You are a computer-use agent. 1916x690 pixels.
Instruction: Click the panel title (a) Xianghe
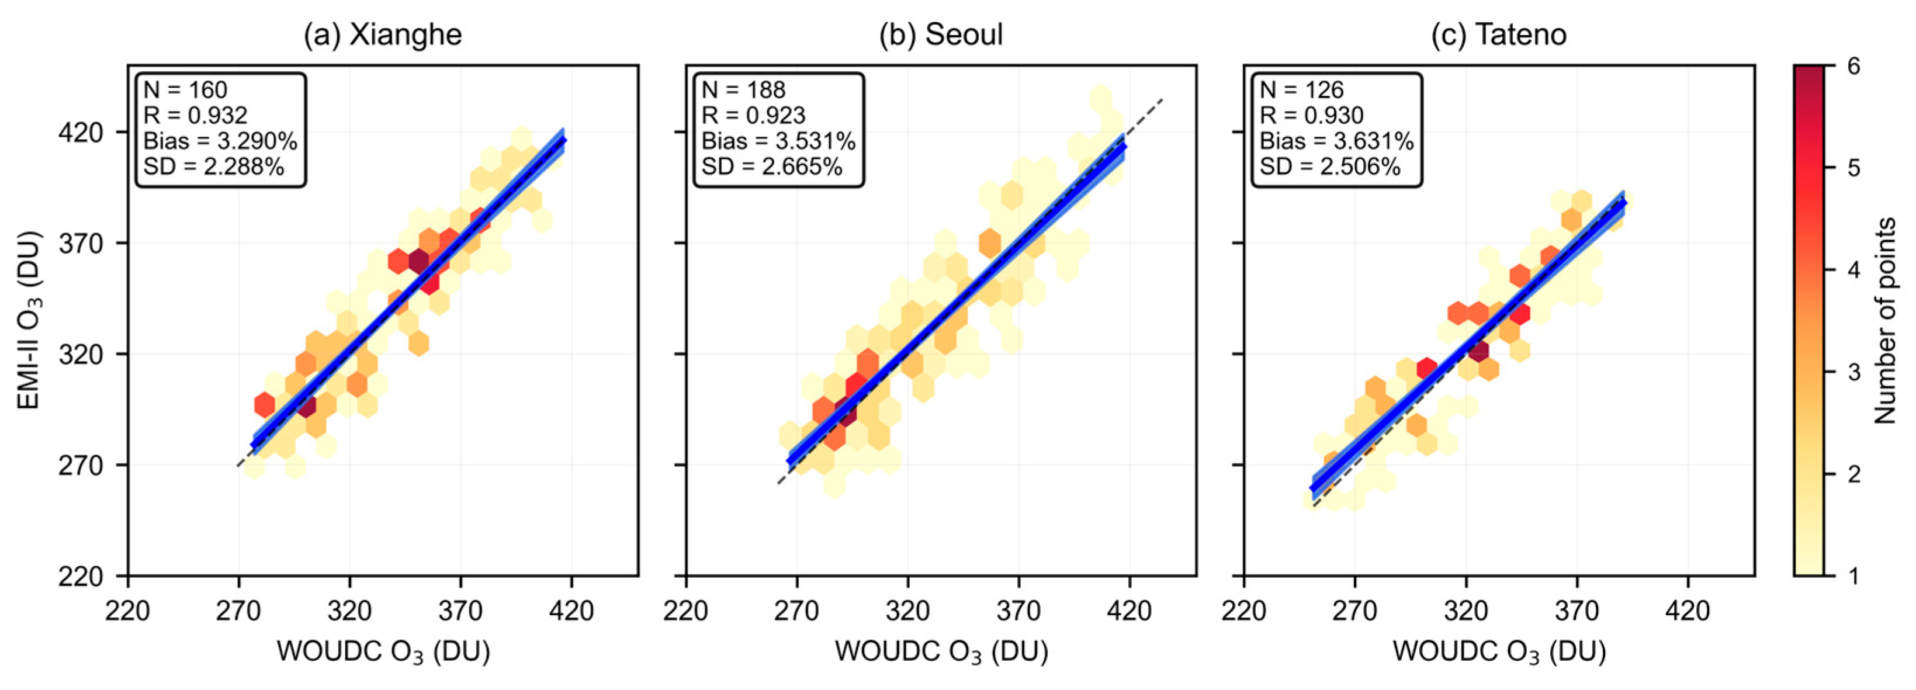382,35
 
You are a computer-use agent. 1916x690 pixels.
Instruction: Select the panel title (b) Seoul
941,35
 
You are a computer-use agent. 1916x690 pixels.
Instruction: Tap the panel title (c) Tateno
1499,35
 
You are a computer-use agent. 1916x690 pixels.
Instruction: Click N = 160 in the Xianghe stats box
185,90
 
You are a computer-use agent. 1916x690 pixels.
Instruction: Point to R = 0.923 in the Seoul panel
753,115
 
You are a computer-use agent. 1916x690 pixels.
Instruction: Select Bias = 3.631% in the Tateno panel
1336,141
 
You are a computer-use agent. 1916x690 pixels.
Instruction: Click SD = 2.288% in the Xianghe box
214,167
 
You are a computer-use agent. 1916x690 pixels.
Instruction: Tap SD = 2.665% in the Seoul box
772,167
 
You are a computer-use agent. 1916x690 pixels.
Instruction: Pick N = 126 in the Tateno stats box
1302,90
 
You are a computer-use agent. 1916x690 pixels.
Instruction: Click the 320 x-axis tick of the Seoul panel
907,611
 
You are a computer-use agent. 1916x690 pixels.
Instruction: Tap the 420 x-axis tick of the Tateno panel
1688,611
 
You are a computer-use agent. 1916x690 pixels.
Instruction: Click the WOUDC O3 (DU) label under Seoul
941,652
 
